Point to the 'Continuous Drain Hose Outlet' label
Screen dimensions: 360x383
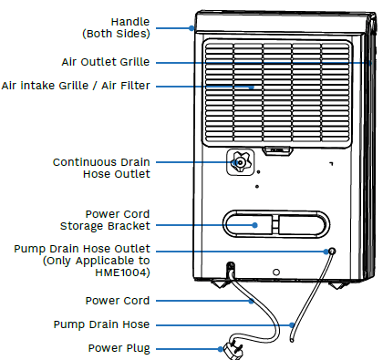point(101,168)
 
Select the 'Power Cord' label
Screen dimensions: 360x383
point(119,300)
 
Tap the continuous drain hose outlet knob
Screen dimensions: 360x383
point(239,163)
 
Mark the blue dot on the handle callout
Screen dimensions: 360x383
point(191,27)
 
